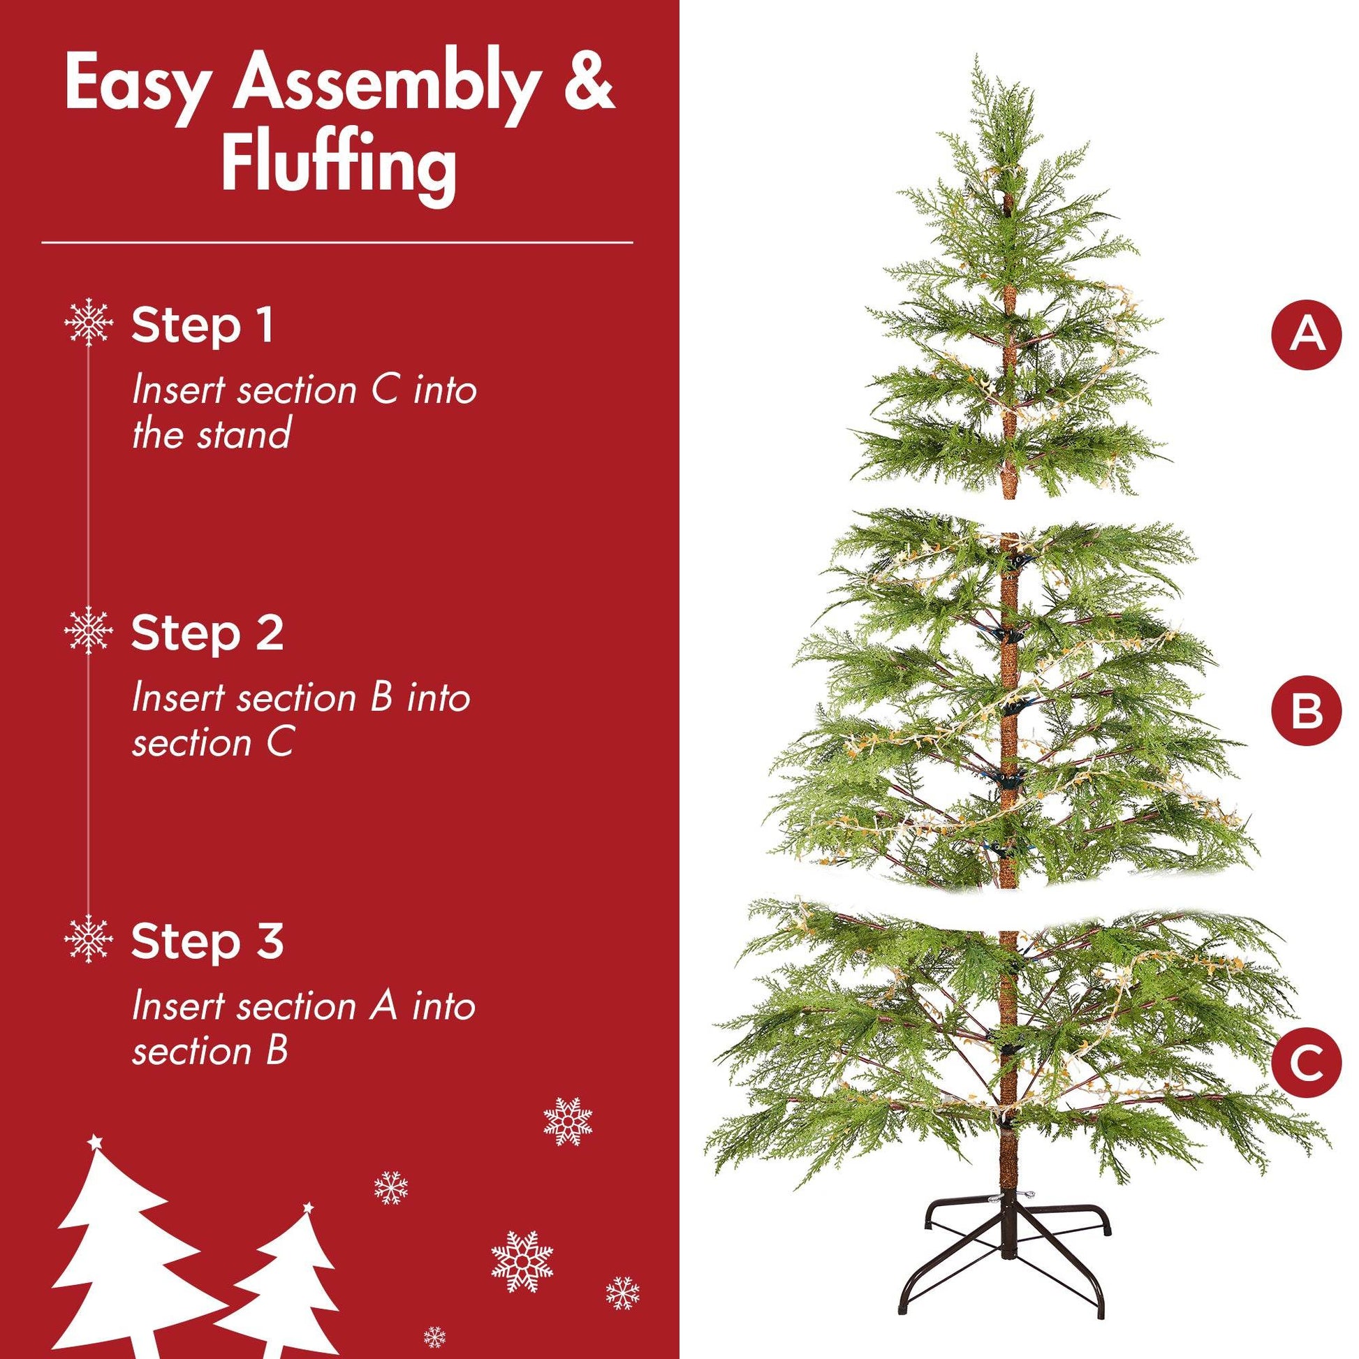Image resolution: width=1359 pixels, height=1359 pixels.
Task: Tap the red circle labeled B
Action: [x=1306, y=712]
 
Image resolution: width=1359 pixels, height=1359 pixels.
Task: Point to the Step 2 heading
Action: [x=207, y=633]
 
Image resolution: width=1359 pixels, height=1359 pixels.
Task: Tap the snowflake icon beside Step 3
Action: [x=89, y=940]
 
